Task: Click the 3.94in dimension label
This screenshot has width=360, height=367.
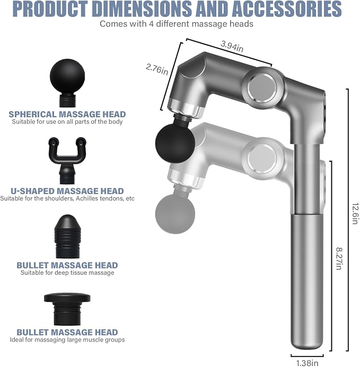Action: coord(232,46)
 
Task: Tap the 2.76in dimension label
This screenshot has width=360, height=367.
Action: coord(157,69)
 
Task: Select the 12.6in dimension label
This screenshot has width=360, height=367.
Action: coord(355,213)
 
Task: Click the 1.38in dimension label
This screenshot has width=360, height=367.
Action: coord(307,363)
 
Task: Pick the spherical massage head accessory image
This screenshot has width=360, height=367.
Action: coord(67,83)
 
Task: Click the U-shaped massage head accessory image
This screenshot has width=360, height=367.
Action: coord(67,161)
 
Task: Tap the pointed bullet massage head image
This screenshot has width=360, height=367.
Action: coord(67,237)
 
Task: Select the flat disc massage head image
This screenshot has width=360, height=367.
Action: coord(67,309)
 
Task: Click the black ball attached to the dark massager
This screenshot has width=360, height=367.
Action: coord(175,143)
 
